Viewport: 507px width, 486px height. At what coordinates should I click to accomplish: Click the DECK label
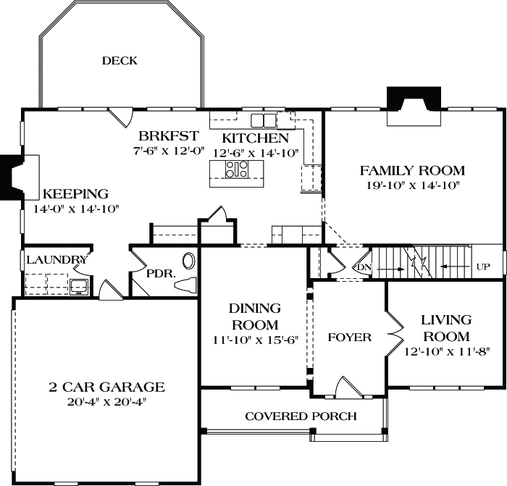120,61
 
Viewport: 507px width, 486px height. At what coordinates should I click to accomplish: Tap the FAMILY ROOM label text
412,171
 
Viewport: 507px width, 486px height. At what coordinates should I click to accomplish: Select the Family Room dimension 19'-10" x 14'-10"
412,186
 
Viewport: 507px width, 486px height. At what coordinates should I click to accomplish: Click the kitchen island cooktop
237,170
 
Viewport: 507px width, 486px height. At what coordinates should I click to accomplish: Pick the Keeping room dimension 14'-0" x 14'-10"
75,209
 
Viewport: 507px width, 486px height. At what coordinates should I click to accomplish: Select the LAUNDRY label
56,259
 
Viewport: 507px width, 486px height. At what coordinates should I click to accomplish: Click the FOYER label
349,338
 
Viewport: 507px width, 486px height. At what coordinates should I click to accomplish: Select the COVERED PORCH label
301,416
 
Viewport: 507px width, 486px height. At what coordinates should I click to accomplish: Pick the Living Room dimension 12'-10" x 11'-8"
447,352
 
